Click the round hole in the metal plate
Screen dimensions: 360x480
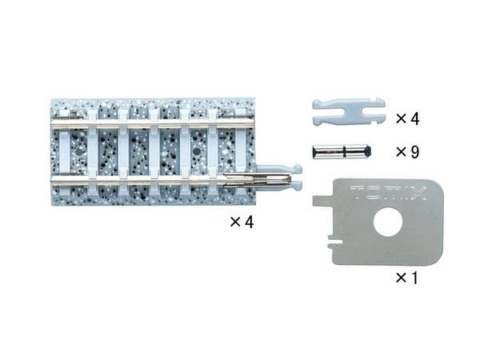388,222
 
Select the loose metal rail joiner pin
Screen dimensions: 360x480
341,150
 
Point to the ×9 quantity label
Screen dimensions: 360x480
407,151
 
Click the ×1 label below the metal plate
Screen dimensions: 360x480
407,278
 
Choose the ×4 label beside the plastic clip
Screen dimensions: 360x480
407,119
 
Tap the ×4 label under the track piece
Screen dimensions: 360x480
241,222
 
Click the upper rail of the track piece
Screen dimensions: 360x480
152,124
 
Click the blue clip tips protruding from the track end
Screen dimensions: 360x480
294,177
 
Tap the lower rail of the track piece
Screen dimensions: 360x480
144,182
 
